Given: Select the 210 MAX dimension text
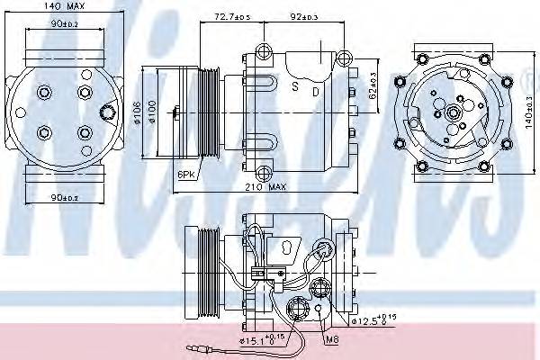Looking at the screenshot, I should pyautogui.click(x=269, y=186).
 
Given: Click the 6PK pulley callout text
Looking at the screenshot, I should pyautogui.click(x=186, y=173).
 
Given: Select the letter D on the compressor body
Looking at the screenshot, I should pyautogui.click(x=315, y=90).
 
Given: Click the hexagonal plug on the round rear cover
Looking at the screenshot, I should pyautogui.click(x=109, y=113).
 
